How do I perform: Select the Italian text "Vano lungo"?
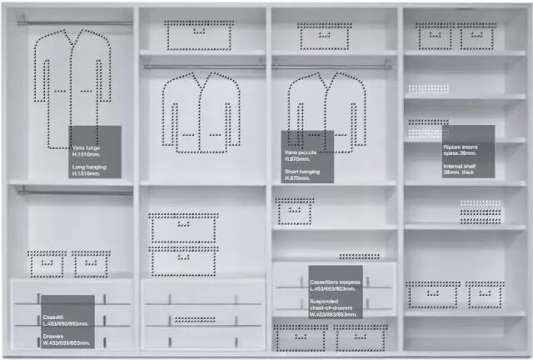87,147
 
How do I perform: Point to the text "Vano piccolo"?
301,152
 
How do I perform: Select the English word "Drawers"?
54,337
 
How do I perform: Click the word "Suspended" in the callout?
324,301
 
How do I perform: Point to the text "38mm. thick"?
459,172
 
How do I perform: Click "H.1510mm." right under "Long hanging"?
89,173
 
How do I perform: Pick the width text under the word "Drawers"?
66,343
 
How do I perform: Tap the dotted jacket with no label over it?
201,112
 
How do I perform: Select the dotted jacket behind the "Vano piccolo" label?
326,104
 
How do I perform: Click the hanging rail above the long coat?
75,22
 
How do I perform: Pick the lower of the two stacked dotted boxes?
183,262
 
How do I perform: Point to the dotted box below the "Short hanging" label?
295,212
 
